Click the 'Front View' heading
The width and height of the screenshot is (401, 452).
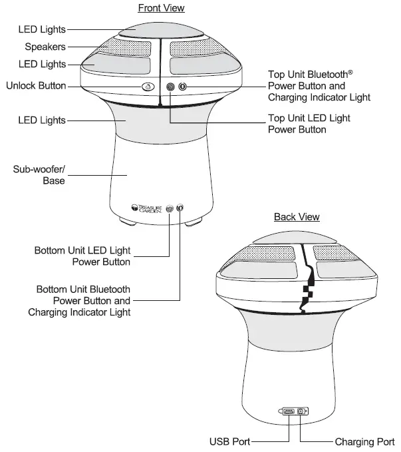161,8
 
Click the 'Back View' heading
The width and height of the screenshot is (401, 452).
297,217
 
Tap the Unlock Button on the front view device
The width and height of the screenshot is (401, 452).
148,87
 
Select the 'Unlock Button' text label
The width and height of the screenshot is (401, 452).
36,86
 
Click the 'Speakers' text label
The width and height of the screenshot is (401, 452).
45,47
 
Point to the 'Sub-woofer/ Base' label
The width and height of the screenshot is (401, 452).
39,175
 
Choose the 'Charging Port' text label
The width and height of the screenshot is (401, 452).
364,441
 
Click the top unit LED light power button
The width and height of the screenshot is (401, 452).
170,87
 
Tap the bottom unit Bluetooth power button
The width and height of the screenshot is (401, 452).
180,208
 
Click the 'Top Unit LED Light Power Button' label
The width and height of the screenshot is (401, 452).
309,124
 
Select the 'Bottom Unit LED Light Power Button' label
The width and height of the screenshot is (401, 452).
82,256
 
